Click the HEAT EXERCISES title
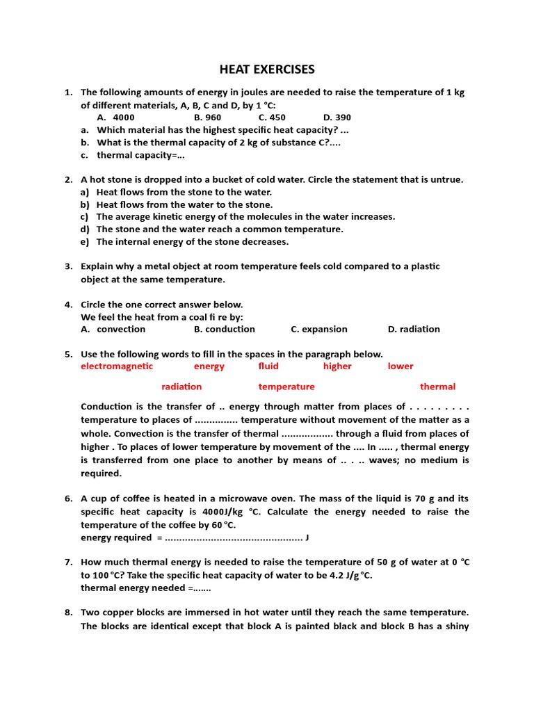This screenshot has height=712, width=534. click(267, 69)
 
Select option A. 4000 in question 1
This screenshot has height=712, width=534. click(115, 118)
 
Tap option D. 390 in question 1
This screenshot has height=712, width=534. click(337, 118)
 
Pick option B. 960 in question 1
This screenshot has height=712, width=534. click(207, 118)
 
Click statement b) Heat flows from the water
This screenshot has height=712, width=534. click(184, 204)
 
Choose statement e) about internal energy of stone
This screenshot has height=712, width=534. click(192, 242)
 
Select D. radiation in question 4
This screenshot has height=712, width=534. click(414, 329)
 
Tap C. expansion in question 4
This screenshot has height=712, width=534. click(319, 329)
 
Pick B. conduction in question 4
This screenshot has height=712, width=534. click(225, 329)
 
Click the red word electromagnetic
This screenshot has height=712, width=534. click(117, 366)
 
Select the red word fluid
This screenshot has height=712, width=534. click(268, 366)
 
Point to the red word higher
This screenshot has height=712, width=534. click(337, 366)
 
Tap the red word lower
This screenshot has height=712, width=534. click(400, 366)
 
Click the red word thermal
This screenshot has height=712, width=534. click(437, 387)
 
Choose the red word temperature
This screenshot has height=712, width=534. click(286, 387)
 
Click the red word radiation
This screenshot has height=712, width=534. click(181, 387)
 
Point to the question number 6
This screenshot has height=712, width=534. click(68, 499)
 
